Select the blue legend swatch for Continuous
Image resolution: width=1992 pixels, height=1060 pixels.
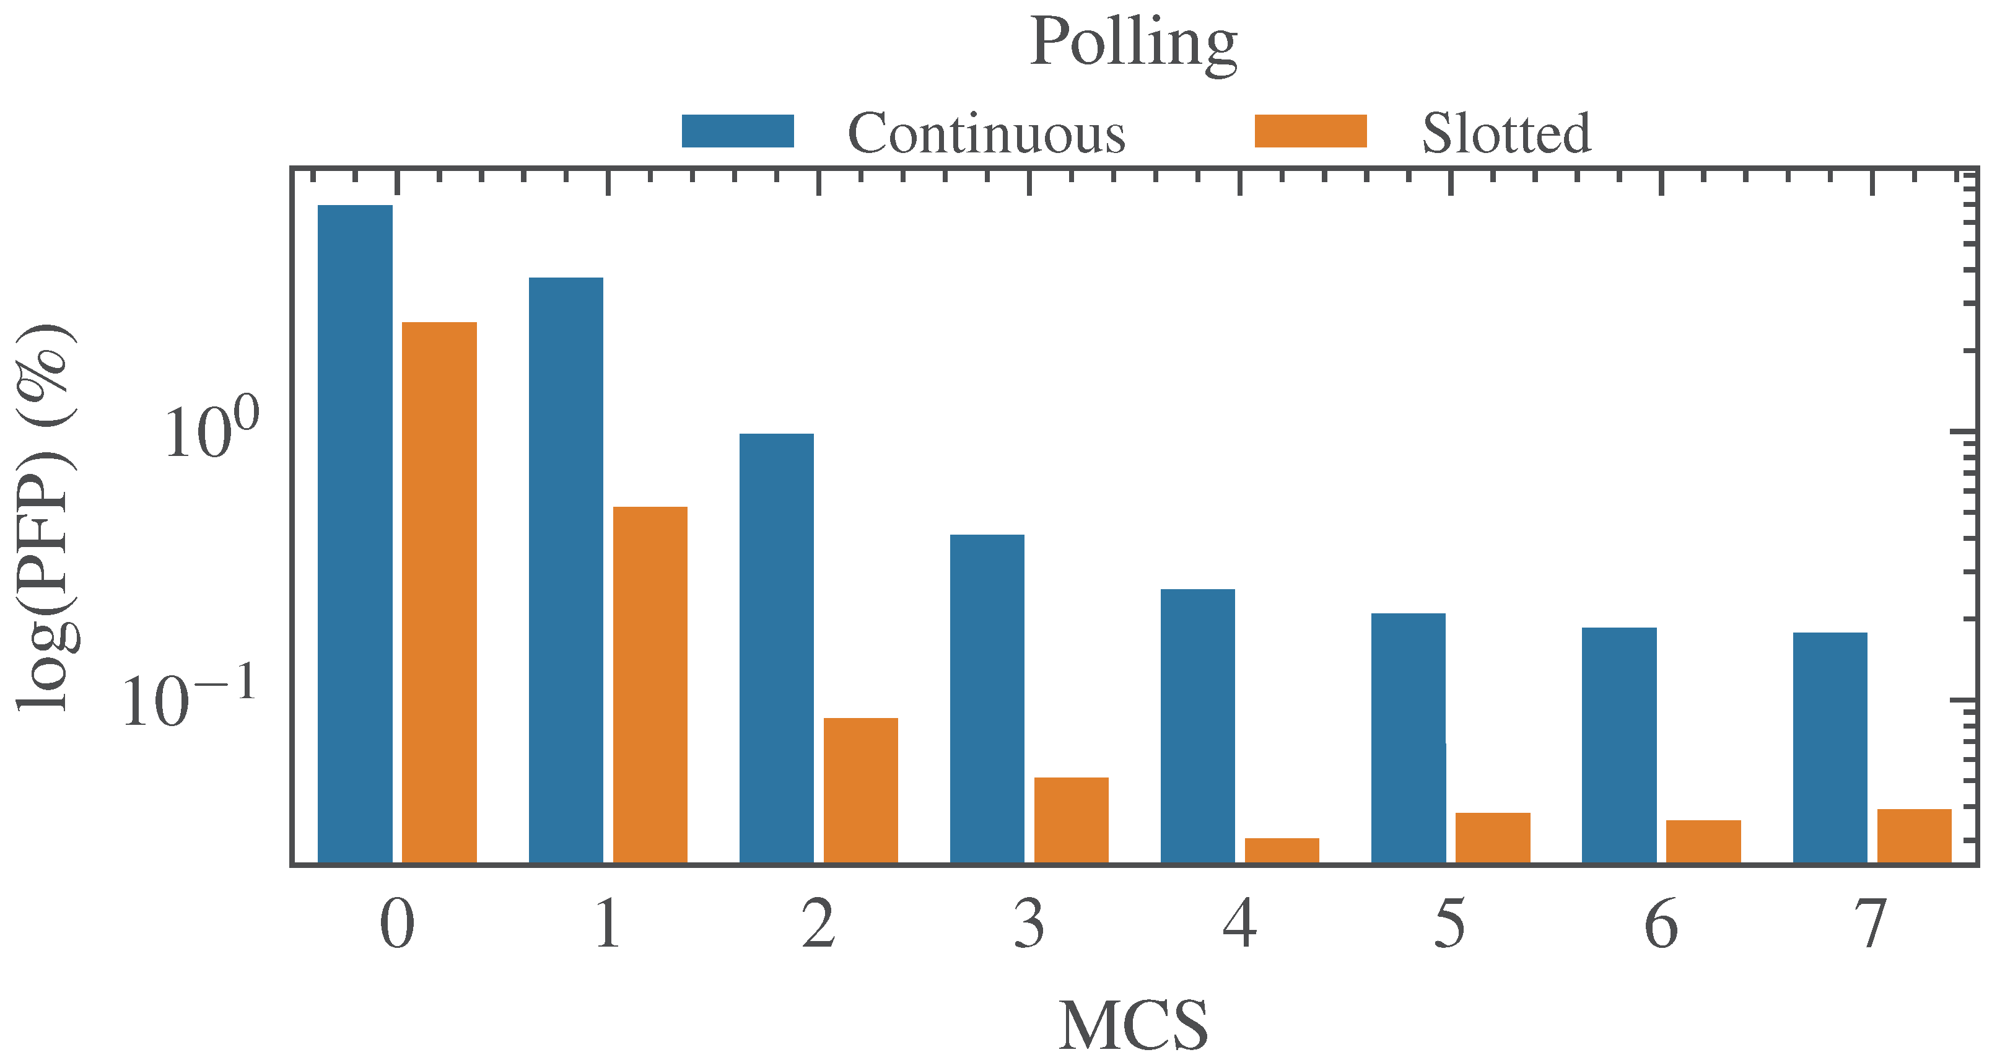[x=738, y=131]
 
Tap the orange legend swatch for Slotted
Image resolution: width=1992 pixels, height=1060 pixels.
[x=1311, y=131]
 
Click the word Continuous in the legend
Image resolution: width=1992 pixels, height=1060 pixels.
[x=987, y=134]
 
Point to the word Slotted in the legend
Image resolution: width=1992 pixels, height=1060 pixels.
[x=1506, y=134]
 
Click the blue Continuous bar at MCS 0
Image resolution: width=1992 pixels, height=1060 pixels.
[x=355, y=533]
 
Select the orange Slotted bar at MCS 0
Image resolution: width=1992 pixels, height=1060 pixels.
[x=439, y=592]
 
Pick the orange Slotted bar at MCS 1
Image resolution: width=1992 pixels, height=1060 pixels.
[x=650, y=684]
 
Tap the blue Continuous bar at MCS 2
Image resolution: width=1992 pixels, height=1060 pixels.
[x=776, y=648]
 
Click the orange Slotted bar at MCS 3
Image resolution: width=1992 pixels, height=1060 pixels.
[x=1071, y=820]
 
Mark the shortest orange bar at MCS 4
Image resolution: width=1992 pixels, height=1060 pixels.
[x=1282, y=850]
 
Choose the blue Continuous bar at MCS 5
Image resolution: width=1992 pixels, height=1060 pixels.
[x=1408, y=738]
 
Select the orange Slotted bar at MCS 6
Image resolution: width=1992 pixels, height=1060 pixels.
[x=1703, y=841]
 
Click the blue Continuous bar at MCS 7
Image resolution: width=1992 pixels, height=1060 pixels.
[x=1830, y=747]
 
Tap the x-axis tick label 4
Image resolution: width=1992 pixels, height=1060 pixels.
[x=1239, y=924]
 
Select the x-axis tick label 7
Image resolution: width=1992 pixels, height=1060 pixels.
[x=1871, y=924]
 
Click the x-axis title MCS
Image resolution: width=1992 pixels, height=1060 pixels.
[x=1134, y=1025]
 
